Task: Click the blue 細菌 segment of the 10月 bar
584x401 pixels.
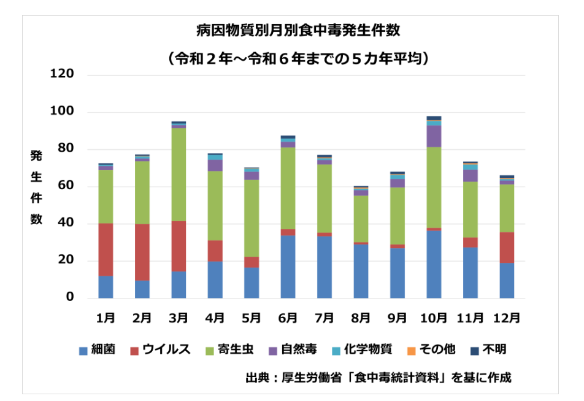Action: coord(434,264)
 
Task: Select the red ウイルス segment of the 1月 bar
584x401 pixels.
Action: coord(106,249)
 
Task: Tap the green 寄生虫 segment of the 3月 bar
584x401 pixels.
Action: coord(179,174)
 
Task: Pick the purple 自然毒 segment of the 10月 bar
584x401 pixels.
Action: coord(434,136)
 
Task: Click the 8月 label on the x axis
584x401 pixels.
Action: coord(361,317)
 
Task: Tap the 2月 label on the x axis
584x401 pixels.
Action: coord(142,317)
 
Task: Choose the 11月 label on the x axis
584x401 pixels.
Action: coord(471,317)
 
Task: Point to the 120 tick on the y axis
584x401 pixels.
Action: coord(63,74)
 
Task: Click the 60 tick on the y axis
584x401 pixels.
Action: coord(66,186)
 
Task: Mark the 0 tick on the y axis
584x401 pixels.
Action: coord(70,298)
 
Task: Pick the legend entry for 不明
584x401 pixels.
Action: coord(488,350)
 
